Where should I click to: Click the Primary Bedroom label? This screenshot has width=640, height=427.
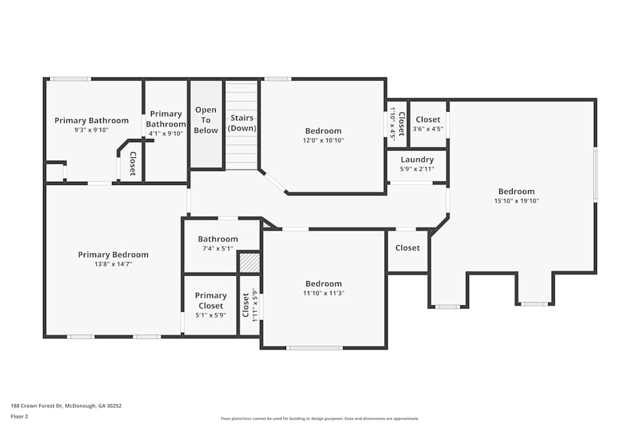coord(113,255)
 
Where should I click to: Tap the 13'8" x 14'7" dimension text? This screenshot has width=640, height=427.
coord(113,264)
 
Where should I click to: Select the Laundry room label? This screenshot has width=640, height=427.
coord(417,159)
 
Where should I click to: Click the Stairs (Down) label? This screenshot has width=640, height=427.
coord(243,123)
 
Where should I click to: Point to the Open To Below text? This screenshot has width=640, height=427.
coord(206,120)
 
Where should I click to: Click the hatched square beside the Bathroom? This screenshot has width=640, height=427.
coord(249,262)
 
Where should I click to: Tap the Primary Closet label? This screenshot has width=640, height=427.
coord(211,300)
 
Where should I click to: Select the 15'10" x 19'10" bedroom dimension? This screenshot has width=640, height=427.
coord(516,200)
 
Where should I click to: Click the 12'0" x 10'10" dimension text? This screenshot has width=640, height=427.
coord(323,140)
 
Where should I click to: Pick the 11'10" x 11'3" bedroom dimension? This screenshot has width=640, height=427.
coord(323,293)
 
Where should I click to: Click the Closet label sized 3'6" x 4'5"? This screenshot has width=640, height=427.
coord(428,120)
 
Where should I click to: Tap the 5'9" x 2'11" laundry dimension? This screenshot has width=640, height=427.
coord(417,169)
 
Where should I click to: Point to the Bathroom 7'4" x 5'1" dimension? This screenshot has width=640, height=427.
coord(218,248)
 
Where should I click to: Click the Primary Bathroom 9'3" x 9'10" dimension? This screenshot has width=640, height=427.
coord(92,130)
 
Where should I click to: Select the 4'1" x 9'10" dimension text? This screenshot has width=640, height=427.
coord(166,134)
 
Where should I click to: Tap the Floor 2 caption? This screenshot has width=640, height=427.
coord(19,416)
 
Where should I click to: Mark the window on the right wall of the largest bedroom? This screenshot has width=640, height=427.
coord(595,175)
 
